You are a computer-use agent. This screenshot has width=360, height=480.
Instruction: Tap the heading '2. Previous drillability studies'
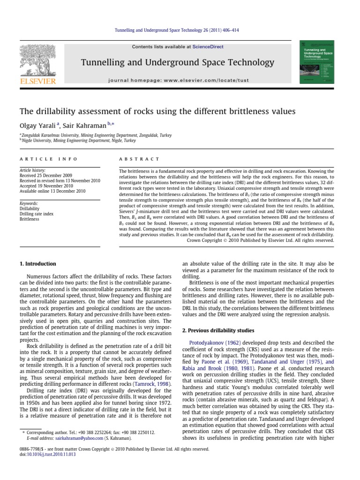pyautogui.click(x=217, y=330)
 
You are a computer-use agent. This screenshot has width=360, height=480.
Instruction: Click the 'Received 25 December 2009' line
pyautogui.click(x=44, y=176)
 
